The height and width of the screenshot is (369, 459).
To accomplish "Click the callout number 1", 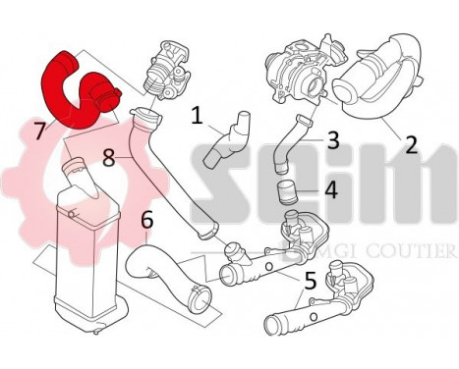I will click(197, 118).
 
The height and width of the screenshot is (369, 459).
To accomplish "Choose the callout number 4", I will click(331, 188).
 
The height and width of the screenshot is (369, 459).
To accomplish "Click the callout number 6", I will click(146, 222).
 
